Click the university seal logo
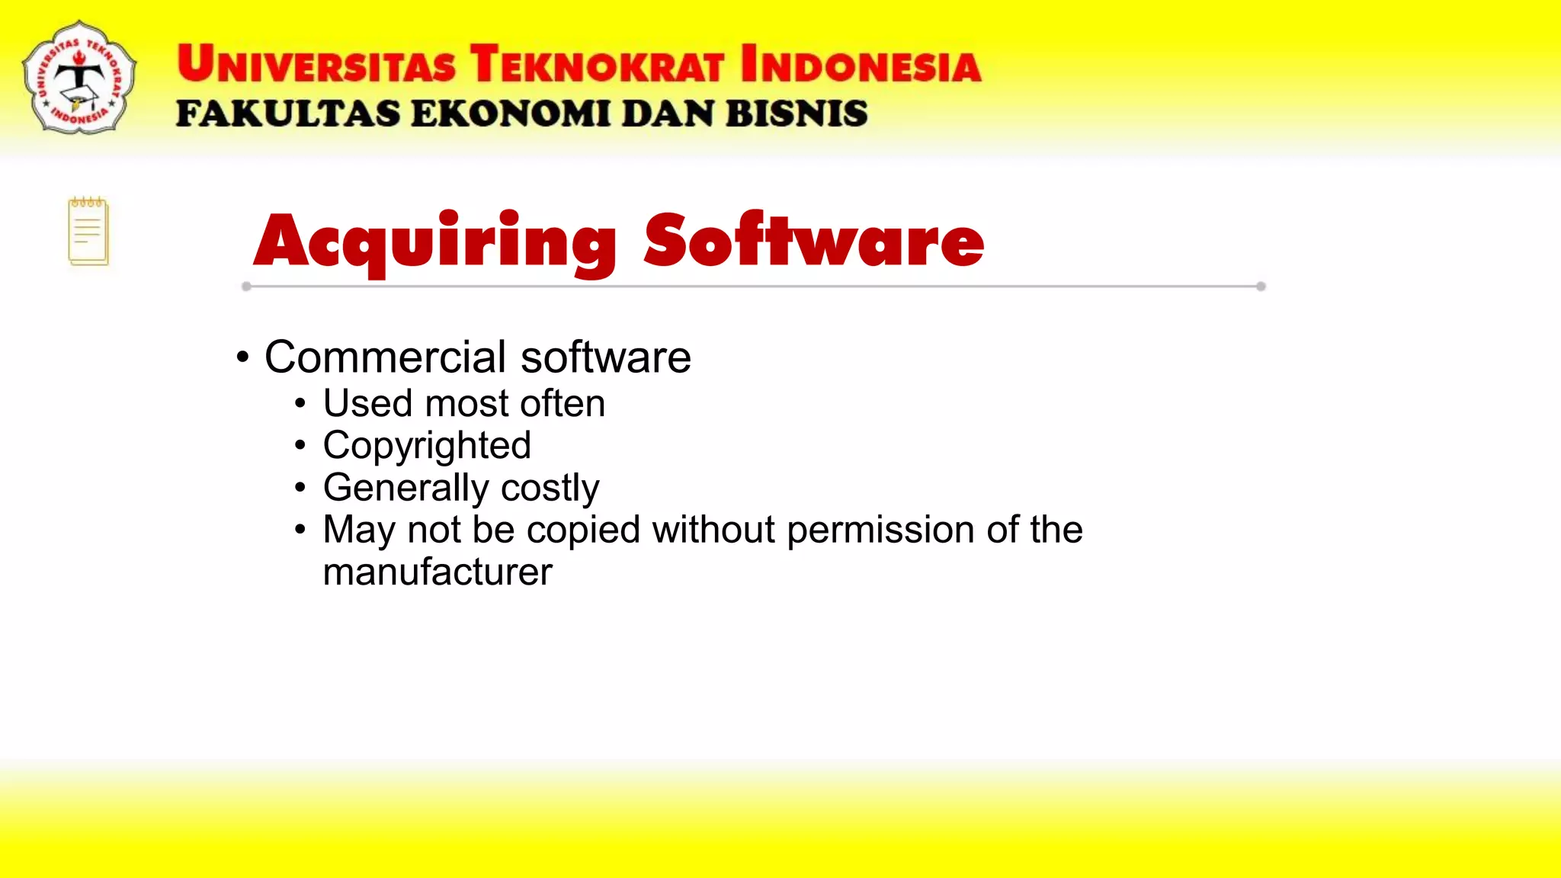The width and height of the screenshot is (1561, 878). point(79,78)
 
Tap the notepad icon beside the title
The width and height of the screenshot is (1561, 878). point(88,232)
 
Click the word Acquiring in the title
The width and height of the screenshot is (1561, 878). point(434,242)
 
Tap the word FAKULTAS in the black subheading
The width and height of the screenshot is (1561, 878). point(288,114)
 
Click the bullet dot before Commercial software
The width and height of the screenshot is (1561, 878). point(242,357)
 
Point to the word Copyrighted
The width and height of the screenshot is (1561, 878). point(427,446)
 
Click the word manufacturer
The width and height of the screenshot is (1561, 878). point(438,572)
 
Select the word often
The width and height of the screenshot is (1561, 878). point(563,403)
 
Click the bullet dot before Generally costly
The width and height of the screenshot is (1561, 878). point(300,488)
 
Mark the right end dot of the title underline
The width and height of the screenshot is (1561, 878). point(1261,287)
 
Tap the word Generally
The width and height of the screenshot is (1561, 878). point(405,489)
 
